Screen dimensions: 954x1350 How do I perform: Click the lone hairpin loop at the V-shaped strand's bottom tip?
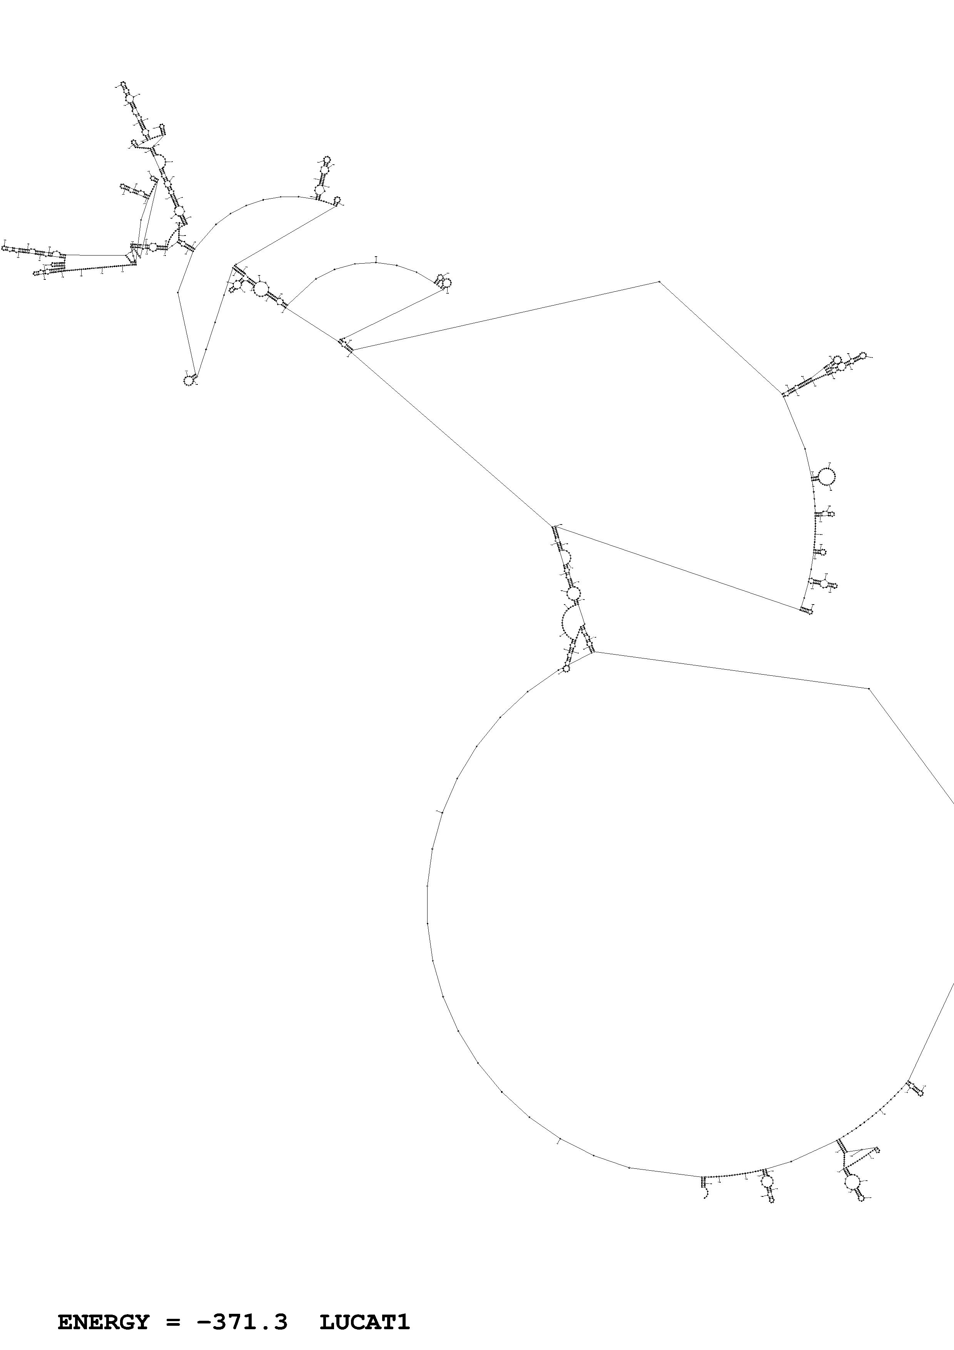click(x=188, y=381)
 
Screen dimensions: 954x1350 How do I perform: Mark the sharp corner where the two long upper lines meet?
click(x=660, y=282)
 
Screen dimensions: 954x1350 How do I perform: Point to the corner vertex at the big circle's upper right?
click(x=869, y=688)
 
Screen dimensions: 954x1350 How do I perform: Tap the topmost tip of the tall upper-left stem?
click(x=123, y=84)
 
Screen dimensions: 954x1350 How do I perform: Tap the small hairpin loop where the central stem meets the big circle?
click(x=566, y=668)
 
